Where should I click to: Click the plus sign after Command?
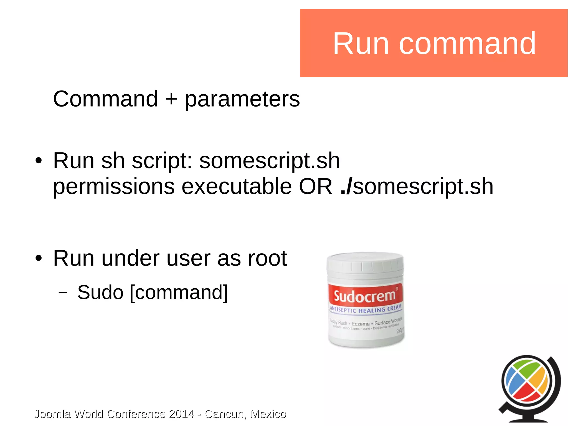tap(171, 99)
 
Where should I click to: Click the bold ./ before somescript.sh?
tap(346, 186)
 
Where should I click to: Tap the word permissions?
tap(114, 187)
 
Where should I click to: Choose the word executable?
tap(237, 186)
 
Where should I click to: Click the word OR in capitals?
tap(315, 186)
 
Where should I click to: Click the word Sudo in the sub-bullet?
tap(100, 293)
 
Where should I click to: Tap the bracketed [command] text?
tap(179, 293)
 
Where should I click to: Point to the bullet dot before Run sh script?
tap(39, 161)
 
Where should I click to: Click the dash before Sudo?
tap(63, 293)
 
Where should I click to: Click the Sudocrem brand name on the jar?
tap(364, 296)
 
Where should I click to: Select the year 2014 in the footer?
tap(181, 414)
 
